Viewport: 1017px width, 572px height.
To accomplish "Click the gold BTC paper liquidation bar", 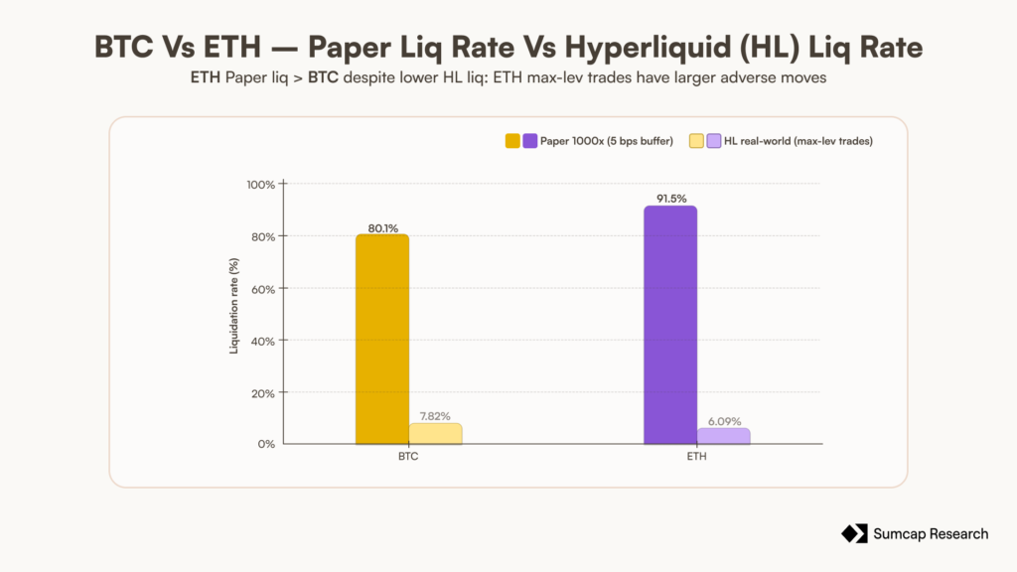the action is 382,340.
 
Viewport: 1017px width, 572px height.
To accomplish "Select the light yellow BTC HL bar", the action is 435,434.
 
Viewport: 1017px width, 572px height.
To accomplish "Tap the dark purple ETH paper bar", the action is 670,325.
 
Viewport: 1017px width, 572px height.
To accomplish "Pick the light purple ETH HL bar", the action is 723,436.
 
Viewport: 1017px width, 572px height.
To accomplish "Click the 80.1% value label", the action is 382,228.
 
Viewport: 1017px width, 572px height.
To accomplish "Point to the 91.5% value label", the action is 671,199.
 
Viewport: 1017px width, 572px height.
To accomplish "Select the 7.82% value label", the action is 435,416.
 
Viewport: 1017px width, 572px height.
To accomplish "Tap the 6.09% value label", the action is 724,421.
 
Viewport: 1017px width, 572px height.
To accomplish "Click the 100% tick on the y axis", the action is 261,185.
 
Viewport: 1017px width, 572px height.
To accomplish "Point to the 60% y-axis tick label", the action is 262,289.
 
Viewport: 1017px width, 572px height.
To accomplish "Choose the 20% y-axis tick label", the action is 262,393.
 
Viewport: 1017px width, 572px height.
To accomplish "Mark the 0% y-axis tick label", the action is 266,444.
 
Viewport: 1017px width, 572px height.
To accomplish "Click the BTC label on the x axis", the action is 408,457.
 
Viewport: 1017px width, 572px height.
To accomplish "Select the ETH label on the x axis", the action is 696,457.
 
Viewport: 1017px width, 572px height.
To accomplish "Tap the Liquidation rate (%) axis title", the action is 234,306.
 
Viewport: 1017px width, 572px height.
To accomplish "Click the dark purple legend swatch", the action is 530,141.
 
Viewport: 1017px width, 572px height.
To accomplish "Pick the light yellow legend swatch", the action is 696,141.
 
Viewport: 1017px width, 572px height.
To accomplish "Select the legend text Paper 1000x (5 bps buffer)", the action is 607,141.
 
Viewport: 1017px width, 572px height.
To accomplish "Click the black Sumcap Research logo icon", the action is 854,533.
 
